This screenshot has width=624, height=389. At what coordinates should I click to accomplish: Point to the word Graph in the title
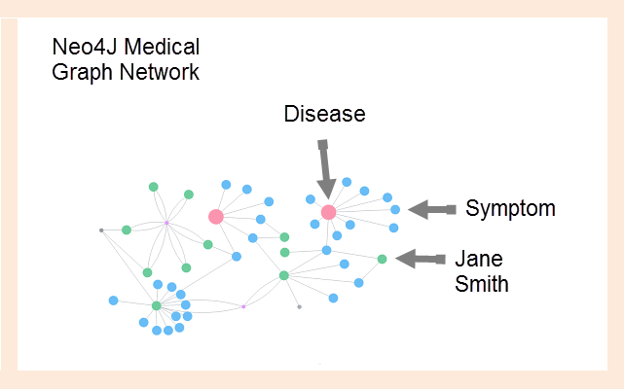coord(81,72)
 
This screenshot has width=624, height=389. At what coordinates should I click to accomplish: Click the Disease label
coord(324,114)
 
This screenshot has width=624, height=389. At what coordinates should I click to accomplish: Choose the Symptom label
coord(510,208)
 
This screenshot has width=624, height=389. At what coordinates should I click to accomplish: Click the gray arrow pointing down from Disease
coord(323,166)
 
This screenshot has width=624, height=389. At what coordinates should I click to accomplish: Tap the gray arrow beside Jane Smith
coord(421,259)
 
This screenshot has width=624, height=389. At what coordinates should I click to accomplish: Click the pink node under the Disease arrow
coord(328,212)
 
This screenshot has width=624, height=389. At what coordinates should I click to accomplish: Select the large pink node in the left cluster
coord(216,217)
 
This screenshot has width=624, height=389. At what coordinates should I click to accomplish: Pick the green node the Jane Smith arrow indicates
coord(382,259)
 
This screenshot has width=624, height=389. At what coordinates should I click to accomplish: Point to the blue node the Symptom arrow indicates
coord(395,209)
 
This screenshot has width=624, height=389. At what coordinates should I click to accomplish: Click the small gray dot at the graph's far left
coord(101,230)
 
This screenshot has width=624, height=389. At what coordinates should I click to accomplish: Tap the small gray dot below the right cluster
coord(299,306)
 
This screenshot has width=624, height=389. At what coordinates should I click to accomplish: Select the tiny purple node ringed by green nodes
coord(166,224)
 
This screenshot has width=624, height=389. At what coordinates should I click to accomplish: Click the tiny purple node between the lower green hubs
coord(243,306)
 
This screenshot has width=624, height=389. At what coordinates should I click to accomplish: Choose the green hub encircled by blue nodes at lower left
coord(156,305)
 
